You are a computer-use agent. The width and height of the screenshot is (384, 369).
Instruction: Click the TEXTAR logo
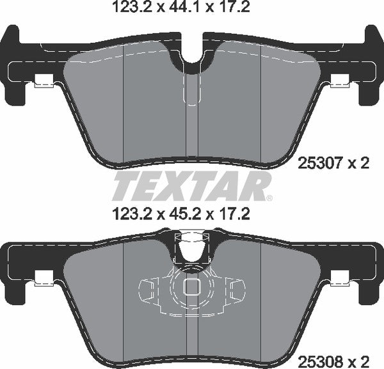[191, 187]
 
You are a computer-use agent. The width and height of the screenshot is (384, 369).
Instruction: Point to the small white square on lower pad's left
[44, 278]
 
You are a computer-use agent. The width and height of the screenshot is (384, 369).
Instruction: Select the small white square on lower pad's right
[340, 278]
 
